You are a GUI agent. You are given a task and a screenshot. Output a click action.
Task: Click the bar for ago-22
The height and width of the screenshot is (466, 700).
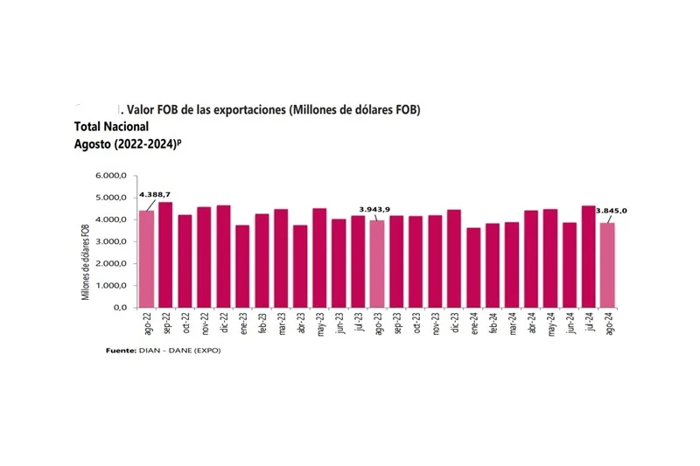click(146, 259)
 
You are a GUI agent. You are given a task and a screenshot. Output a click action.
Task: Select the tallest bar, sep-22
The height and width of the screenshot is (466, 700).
click(165, 254)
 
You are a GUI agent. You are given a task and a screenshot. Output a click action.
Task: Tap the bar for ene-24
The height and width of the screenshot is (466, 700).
click(473, 268)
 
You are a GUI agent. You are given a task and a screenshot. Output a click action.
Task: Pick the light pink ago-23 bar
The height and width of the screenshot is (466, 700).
click(377, 264)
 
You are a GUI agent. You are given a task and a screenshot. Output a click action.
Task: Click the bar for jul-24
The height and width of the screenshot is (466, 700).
click(589, 256)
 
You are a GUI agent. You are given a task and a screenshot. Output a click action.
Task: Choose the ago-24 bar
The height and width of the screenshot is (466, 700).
click(608, 265)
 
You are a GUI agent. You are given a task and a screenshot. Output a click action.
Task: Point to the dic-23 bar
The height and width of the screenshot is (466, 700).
click(454, 258)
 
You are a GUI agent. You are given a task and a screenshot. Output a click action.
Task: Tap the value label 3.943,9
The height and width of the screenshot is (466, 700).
click(374, 209)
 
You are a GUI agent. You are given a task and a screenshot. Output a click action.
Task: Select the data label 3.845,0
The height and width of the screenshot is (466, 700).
click(612, 211)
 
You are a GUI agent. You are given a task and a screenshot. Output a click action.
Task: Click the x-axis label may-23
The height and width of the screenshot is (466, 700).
click(320, 325)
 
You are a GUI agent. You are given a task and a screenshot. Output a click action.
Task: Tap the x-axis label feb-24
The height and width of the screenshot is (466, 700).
click(493, 325)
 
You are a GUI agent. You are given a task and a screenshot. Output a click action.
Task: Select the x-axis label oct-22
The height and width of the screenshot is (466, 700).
click(185, 325)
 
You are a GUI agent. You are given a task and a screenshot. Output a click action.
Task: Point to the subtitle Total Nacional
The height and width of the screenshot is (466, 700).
click(111, 127)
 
